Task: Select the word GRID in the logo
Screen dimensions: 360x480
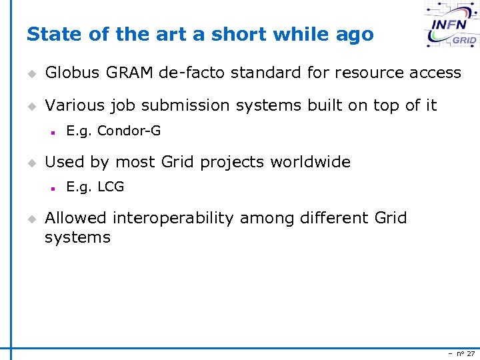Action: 464,41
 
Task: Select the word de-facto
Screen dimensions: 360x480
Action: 191,73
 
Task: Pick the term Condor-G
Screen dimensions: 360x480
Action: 129,131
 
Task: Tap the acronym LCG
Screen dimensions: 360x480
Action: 111,187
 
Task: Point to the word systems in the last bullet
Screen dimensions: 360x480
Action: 77,237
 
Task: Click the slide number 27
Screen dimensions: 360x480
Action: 470,353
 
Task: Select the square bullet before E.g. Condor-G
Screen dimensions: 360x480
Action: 52,131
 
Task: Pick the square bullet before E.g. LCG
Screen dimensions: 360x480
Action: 52,187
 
